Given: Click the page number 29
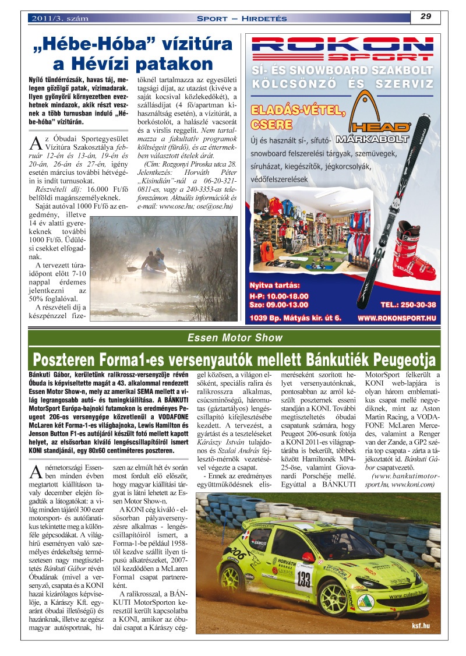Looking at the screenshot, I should click(x=425, y=16).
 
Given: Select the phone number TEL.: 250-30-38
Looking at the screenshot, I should click(x=408, y=305).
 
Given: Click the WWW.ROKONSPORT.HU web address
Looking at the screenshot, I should click(x=397, y=319).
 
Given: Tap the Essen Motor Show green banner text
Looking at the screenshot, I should click(x=235, y=338).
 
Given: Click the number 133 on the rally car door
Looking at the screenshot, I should click(x=303, y=579).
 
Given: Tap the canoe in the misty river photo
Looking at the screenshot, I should click(x=153, y=270).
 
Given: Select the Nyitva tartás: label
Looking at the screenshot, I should click(x=274, y=285).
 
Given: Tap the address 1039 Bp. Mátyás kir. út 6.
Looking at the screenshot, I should click(x=295, y=319).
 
